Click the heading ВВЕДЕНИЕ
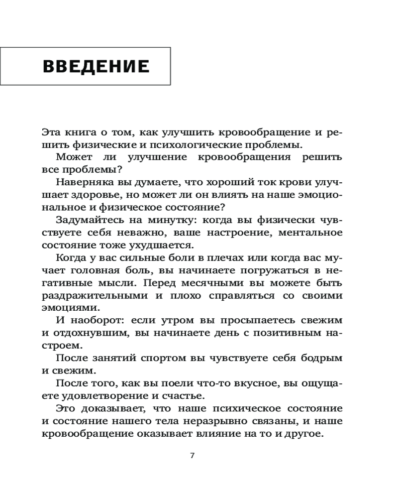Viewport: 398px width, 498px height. coord(96,66)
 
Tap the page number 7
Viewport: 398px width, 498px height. coord(193,455)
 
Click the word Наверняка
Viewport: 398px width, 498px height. coord(81,182)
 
